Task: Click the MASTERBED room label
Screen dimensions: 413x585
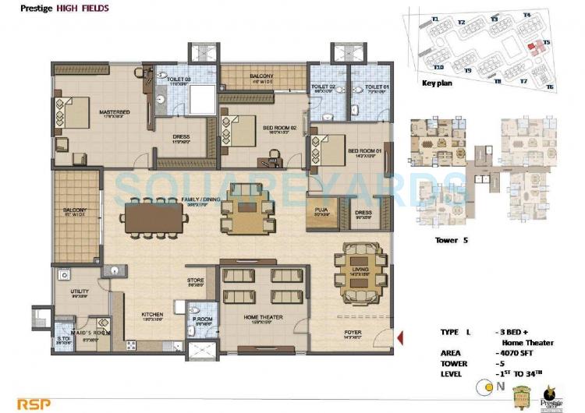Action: (x=113, y=111)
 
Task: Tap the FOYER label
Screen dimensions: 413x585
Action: (x=353, y=332)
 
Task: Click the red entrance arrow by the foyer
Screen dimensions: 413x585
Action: (x=399, y=337)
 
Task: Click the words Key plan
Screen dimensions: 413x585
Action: (x=438, y=83)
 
